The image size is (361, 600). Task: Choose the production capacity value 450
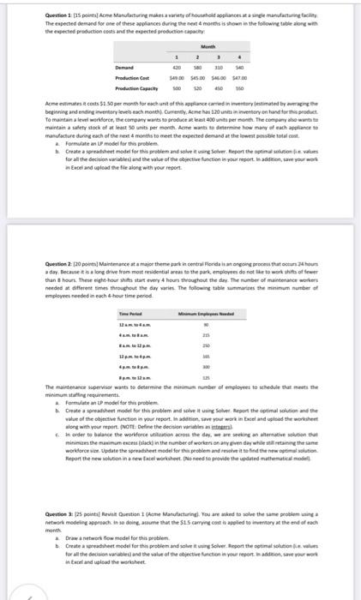pyautogui.click(x=243, y=87)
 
